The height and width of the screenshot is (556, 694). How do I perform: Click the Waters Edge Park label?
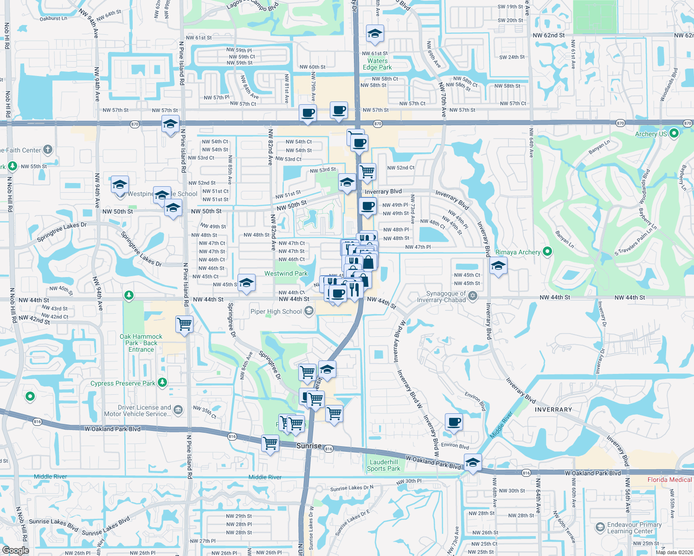click(x=377, y=64)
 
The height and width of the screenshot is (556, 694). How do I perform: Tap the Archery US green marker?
click(x=674, y=133)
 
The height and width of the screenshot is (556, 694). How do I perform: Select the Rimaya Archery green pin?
click(x=547, y=252)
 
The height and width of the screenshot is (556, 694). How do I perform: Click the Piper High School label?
click(x=276, y=311)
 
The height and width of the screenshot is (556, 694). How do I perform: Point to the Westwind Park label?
click(x=286, y=273)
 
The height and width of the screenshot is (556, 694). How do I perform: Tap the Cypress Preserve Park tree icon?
click(x=162, y=382)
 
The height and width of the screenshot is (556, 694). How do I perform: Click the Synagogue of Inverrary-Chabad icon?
click(x=472, y=296)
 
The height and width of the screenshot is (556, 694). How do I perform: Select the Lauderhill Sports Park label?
click(x=383, y=465)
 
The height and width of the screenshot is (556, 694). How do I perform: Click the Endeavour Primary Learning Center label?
click(x=634, y=528)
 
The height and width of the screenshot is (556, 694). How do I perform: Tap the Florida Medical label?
click(x=669, y=480)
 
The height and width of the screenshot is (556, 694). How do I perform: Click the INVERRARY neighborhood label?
click(x=553, y=410)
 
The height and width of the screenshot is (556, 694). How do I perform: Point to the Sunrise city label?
click(x=309, y=446)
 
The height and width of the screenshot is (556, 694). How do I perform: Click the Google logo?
click(x=15, y=550)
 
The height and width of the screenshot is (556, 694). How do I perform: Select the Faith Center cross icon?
click(x=48, y=150)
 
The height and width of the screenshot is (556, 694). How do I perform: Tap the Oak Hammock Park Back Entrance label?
click(x=141, y=343)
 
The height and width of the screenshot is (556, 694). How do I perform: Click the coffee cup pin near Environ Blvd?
click(x=454, y=422)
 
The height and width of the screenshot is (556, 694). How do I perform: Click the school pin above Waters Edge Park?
click(x=374, y=33)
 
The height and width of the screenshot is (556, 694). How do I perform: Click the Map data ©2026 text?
click(x=674, y=552)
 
